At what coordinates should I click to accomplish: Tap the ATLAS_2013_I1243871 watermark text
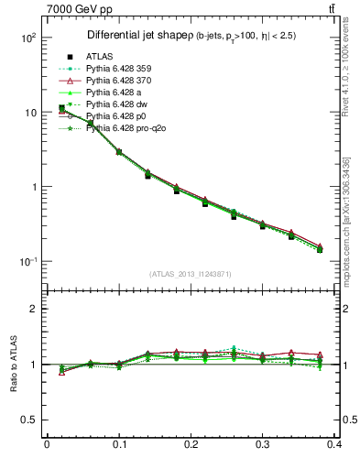pyautogui.click(x=191, y=274)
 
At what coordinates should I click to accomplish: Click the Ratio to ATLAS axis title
pyautogui.click(x=16, y=365)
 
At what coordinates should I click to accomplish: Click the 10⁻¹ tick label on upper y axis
pyautogui.click(x=27, y=262)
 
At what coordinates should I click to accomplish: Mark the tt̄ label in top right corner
pyautogui.click(x=344, y=9)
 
